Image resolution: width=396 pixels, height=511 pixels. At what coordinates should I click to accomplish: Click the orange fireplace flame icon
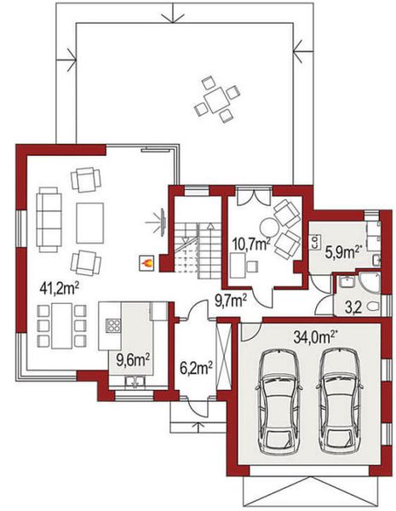point(146,263)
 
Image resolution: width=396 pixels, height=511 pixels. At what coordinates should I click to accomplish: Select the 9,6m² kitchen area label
point(132,359)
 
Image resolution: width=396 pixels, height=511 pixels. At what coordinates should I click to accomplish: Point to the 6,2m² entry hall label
point(196,368)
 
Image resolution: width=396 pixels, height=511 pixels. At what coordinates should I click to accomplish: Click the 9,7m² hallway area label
point(231,299)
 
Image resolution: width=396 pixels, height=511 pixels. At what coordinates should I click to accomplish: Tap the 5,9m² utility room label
point(344,252)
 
